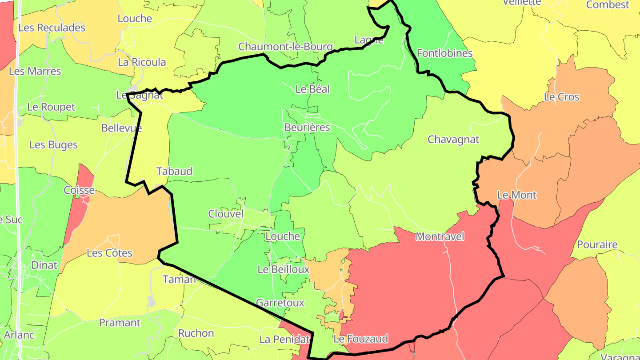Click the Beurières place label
307,128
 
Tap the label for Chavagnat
453,140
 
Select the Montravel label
440,236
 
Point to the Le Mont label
516,195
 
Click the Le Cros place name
562,97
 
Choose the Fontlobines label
444,53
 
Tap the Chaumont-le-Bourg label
285,47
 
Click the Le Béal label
312,89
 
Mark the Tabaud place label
174,171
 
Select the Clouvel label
226,214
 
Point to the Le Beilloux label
284,269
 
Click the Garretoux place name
280,303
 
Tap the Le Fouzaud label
360,339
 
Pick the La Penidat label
284,340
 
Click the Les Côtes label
109,253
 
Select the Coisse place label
79,190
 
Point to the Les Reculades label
52,28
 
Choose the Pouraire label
597,244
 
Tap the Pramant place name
120,323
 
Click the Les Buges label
53,145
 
